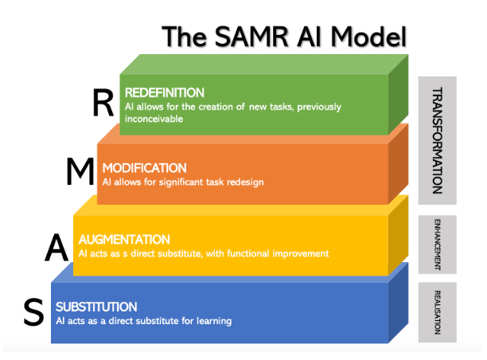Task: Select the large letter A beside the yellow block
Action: (56, 249)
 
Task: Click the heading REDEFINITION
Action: (164, 92)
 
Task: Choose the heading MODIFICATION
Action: (144, 168)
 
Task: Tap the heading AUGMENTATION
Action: (124, 239)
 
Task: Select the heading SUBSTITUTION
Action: (96, 307)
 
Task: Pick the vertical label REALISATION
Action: (437, 311)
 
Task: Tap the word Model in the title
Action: (369, 37)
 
